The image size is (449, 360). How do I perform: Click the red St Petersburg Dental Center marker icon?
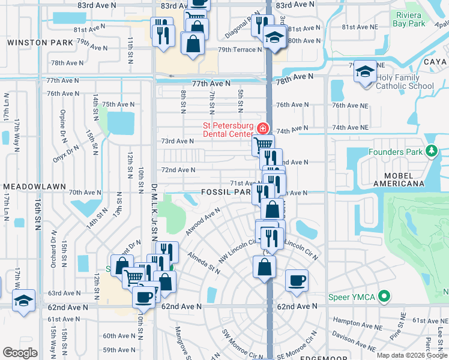[x=262, y=128]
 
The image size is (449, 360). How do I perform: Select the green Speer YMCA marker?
[x=385, y=296]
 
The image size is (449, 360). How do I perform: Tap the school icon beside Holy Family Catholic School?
[x=364, y=73]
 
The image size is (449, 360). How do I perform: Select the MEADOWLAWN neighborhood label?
[x=33, y=187]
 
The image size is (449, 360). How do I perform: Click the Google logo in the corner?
[x=20, y=352]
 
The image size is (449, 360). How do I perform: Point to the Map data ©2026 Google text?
[x=411, y=355]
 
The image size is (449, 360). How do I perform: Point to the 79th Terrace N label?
[x=240, y=50]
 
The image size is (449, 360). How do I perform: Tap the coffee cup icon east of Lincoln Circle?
[x=296, y=281]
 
